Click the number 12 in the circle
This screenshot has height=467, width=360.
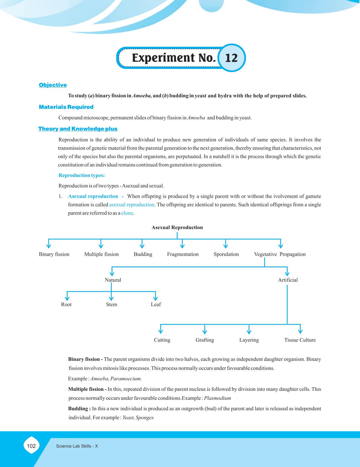231,58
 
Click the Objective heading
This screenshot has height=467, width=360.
53,85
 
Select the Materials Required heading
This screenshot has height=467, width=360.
66,107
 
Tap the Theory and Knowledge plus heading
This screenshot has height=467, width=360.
78,129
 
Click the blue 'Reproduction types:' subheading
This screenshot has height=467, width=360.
82,175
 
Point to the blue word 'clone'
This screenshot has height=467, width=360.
127,213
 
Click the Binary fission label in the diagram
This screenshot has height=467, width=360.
54,254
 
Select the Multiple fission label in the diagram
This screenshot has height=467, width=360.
101,254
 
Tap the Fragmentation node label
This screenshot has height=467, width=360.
183,254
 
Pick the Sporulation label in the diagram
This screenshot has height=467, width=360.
226,254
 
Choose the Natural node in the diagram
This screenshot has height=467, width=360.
113,280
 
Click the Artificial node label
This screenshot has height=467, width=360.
288,280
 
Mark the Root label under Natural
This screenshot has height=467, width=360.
66,305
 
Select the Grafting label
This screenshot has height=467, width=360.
205,340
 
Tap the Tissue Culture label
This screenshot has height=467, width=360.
300,340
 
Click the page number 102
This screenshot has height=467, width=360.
31,446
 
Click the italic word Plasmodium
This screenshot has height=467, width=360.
218,398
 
